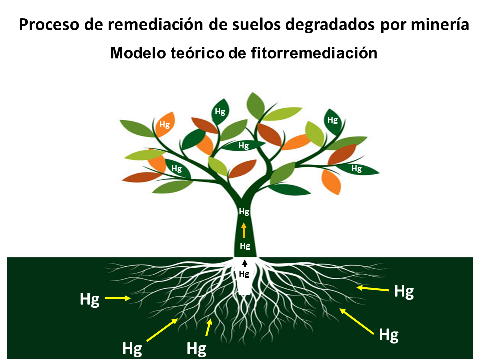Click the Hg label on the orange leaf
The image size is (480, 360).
(x=164, y=125)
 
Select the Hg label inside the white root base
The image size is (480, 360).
(x=244, y=274)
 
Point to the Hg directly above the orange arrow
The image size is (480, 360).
(x=244, y=212)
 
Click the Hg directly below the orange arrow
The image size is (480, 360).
(x=245, y=246)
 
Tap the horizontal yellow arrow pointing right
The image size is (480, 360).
(x=117, y=299)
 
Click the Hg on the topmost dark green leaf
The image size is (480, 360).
(x=220, y=111)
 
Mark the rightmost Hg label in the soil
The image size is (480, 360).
(x=404, y=291)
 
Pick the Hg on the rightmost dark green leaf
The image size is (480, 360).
(x=356, y=169)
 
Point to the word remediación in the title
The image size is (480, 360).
(x=145, y=25)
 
